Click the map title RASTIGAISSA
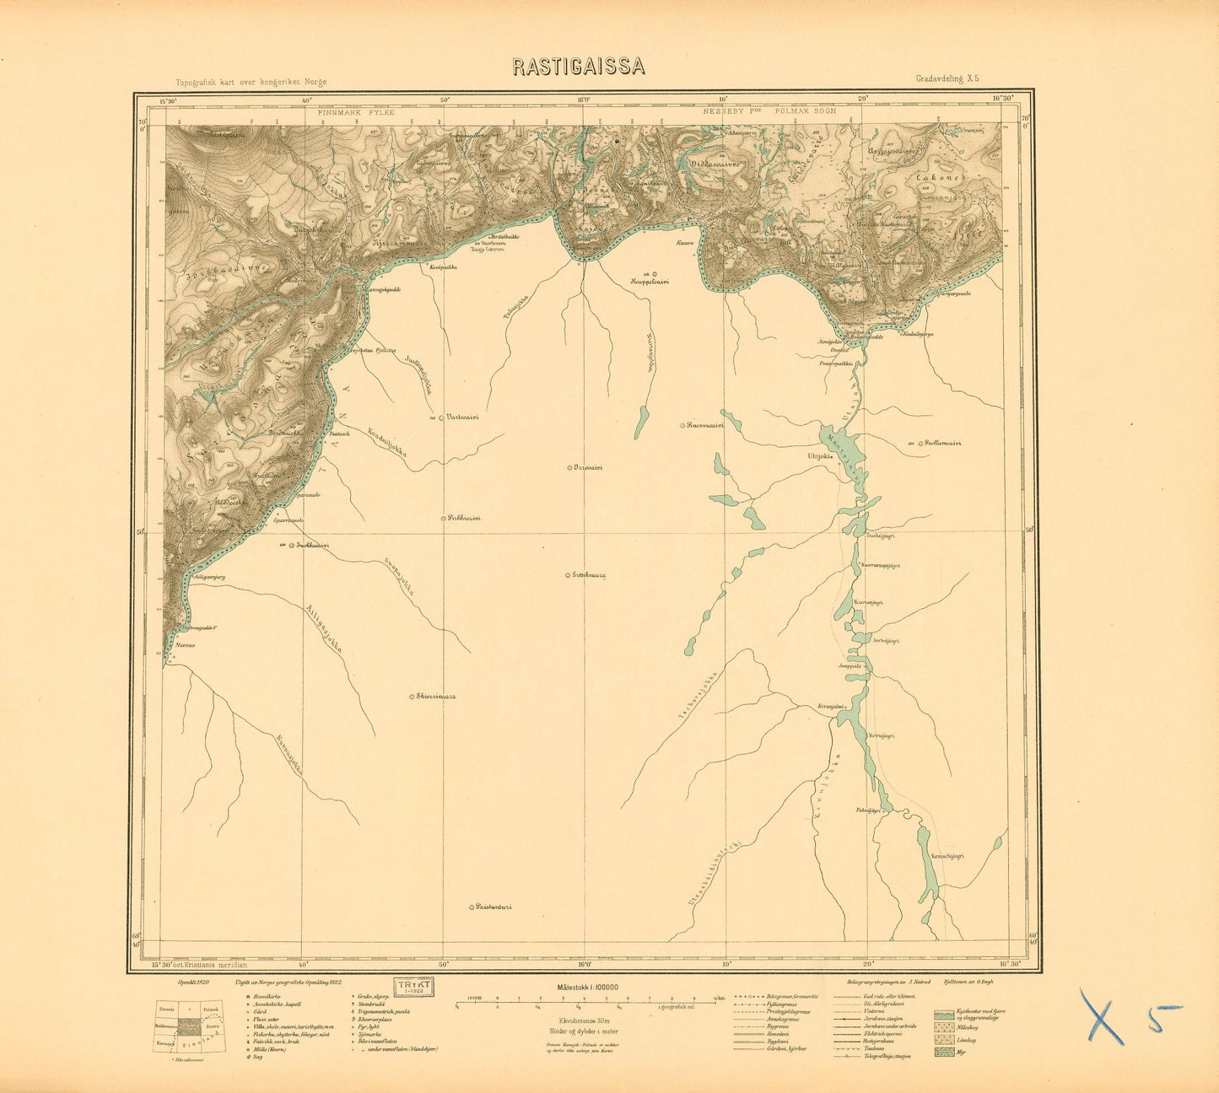(578, 67)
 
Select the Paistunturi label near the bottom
(494, 907)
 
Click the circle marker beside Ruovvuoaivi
(682, 426)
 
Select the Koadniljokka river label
(388, 442)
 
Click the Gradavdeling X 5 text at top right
(947, 78)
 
